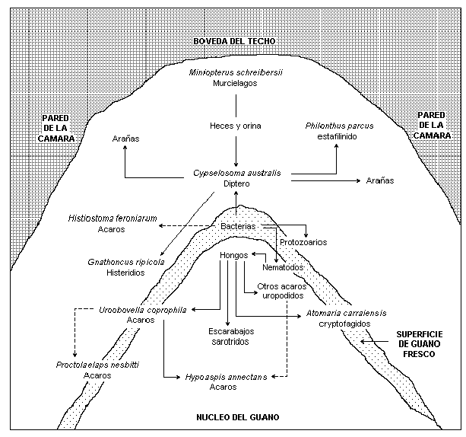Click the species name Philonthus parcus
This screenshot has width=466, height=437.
pos(339,126)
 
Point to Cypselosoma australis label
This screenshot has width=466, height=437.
pos(237,174)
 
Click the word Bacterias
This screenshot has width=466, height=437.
pos(238,227)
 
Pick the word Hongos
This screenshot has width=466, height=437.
pos(233,255)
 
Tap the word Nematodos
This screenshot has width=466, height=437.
pos(283,268)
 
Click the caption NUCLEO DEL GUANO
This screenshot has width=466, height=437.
pos(237,417)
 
